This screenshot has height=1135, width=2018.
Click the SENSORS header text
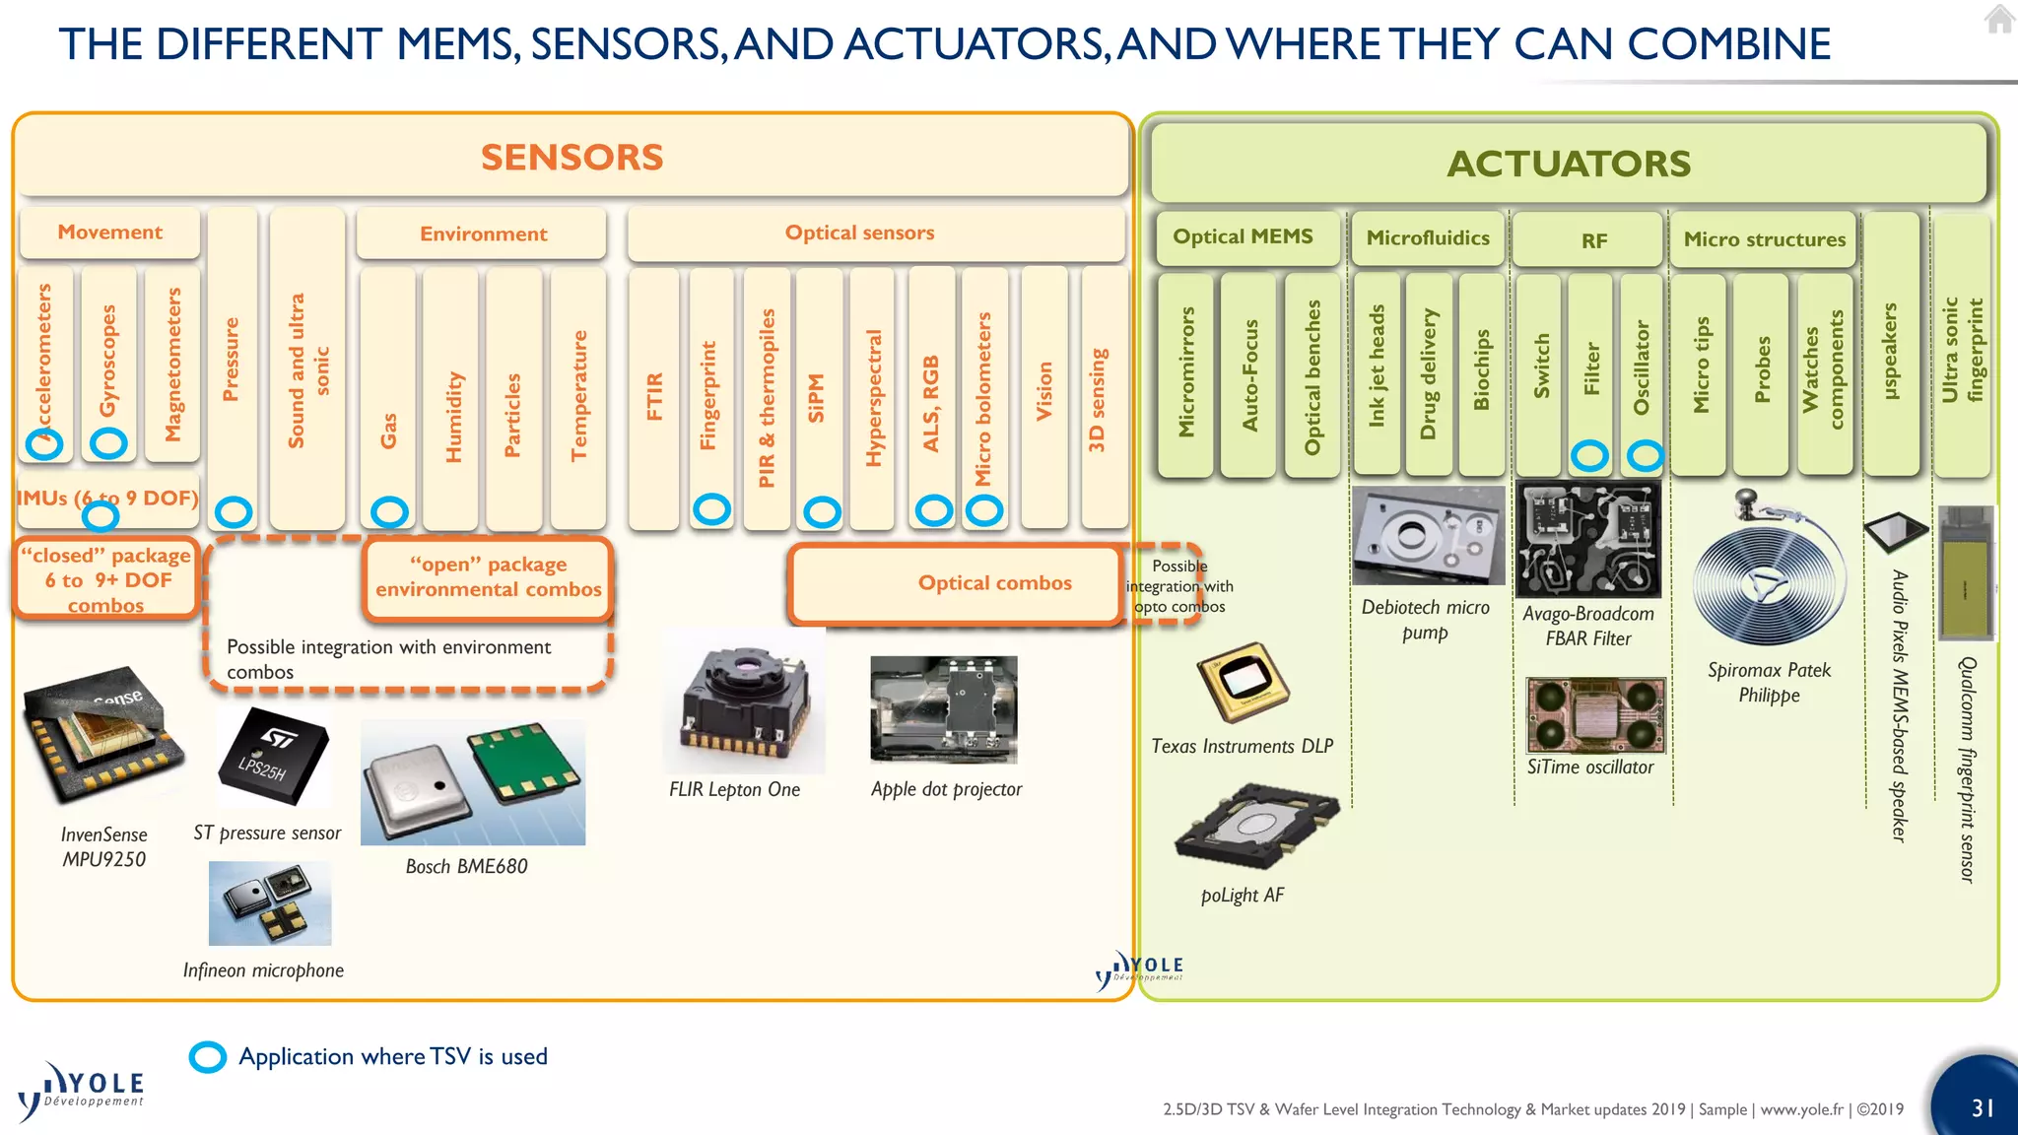click(572, 158)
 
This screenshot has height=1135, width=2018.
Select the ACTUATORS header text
click(1569, 164)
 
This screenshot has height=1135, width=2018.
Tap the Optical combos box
click(994, 583)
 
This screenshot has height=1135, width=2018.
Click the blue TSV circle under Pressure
click(234, 511)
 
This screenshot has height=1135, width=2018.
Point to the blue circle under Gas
click(389, 511)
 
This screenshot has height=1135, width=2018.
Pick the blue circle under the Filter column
click(1588, 455)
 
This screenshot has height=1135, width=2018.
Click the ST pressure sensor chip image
click(272, 757)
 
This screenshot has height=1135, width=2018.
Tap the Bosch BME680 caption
click(466, 866)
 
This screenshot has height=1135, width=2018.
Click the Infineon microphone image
click(270, 903)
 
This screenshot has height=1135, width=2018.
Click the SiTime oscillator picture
click(1594, 714)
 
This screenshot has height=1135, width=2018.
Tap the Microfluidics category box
click(1427, 238)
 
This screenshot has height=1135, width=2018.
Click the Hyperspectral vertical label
click(874, 397)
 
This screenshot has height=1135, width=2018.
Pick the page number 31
click(1983, 1107)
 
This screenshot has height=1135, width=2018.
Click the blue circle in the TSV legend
click(208, 1057)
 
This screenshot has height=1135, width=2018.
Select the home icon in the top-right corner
click(1998, 19)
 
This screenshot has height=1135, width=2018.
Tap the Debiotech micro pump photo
click(1428, 535)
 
